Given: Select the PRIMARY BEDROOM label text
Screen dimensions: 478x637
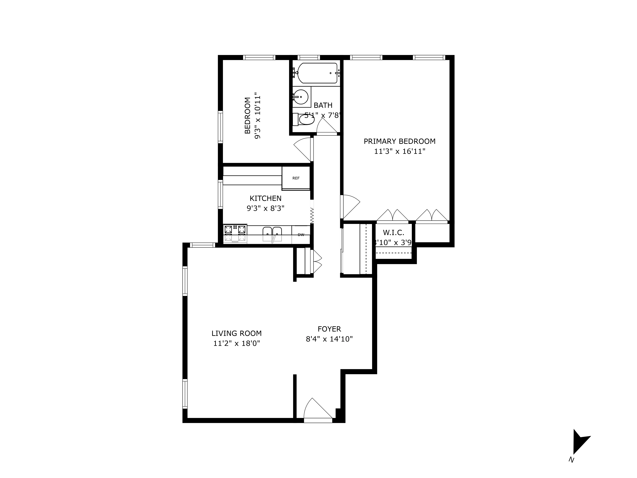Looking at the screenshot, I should click(x=399, y=141).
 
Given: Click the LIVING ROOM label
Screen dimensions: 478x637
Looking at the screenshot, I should click(x=236, y=333).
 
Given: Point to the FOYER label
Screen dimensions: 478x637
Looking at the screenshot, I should click(x=329, y=329).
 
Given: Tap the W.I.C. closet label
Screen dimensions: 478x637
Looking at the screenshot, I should click(x=393, y=233).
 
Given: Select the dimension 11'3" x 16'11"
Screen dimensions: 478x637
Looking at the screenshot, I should click(x=399, y=151).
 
